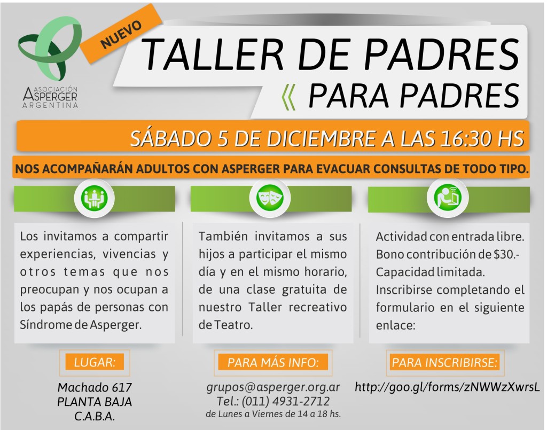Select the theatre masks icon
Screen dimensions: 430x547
271,198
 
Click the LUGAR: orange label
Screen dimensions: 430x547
94,362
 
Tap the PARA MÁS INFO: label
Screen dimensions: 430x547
273,363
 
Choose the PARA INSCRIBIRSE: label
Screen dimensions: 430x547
445,363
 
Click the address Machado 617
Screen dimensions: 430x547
95,387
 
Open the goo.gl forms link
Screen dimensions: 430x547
448,387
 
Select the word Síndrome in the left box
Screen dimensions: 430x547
42,325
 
